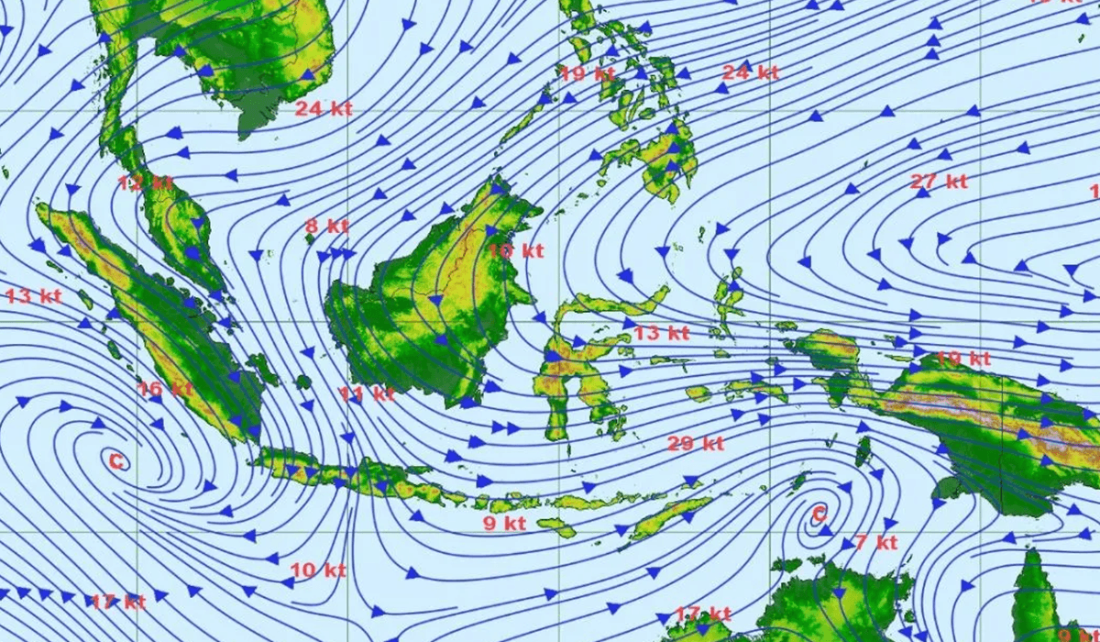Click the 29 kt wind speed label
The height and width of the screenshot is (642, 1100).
coord(696,444)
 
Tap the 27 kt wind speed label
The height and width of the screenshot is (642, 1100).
coord(940,182)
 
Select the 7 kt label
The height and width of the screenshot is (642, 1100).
coord(875,542)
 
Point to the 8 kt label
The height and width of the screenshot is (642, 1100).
coord(327,226)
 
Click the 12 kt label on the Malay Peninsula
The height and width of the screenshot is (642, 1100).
coord(145,183)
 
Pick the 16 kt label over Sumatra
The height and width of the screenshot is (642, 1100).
coord(165,388)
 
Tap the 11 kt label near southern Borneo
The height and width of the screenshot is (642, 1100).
coord(367,394)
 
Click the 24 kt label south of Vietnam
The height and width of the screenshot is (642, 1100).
coord(324,108)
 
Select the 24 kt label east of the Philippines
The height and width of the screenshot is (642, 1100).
coord(751,72)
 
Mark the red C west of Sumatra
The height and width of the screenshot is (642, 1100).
coord(115,461)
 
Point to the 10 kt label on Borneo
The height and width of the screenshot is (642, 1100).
coord(515,249)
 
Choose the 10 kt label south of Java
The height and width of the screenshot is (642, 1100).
coord(318,570)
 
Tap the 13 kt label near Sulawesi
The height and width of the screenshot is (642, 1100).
coord(661,333)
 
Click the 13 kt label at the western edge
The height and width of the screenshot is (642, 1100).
coord(33,295)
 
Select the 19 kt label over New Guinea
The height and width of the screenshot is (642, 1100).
coord(963,358)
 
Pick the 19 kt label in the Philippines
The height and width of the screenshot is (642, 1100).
coord(587,74)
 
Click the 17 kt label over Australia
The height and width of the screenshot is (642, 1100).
coord(703,613)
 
